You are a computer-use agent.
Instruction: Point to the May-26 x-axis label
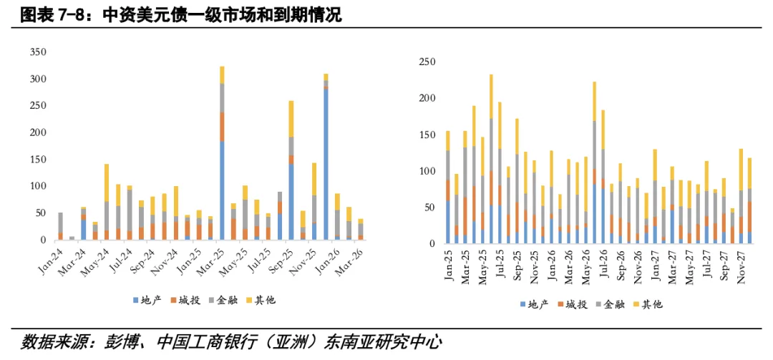pos(586,263)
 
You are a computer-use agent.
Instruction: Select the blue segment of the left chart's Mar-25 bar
pos(222,190)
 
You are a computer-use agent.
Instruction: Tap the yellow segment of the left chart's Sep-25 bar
pos(291,118)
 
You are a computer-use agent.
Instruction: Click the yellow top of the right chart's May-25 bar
pos(491,97)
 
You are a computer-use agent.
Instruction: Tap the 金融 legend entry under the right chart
pos(613,304)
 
